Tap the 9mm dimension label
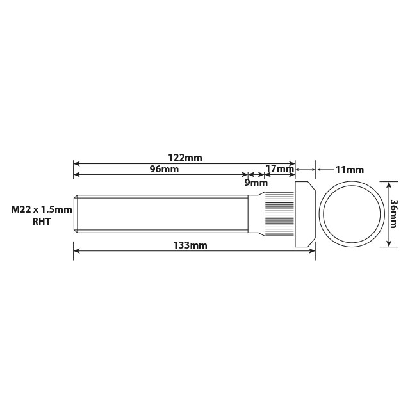pos(256,182)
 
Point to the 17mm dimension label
pos(279,169)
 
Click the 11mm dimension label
pos(349,170)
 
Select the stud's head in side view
pos(304,214)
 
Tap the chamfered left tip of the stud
pos(76,214)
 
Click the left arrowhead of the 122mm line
pos(76,163)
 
